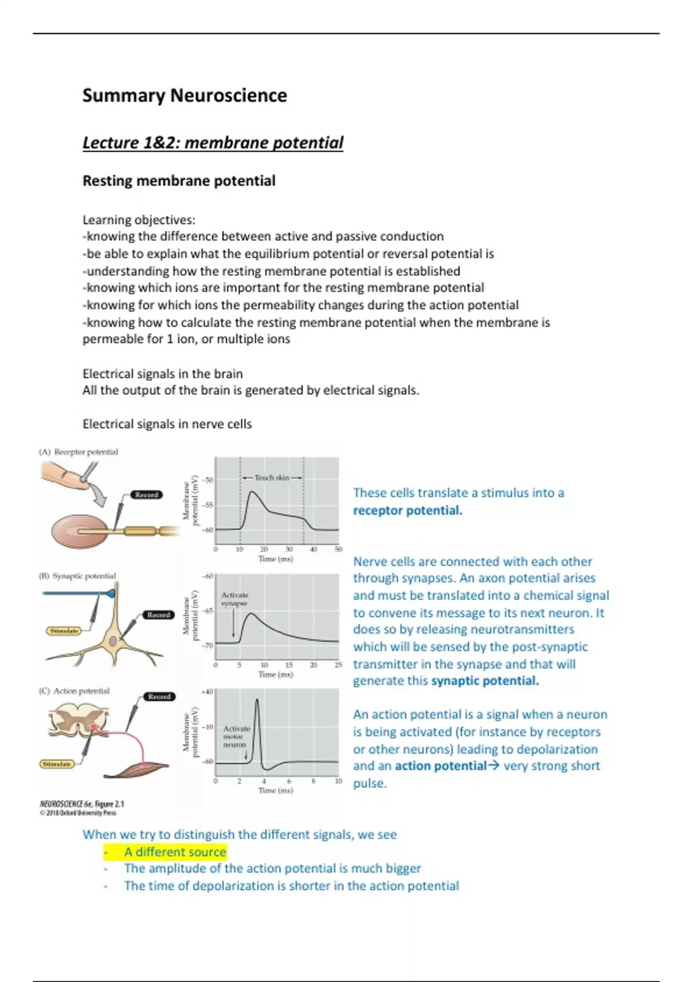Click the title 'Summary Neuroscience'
click(x=184, y=95)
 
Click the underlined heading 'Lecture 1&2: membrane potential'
click(x=213, y=143)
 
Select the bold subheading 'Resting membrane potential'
click(x=178, y=181)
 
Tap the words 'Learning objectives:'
click(x=139, y=220)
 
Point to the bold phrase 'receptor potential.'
click(x=408, y=510)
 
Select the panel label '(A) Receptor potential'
click(x=79, y=452)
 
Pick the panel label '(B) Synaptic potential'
click(x=77, y=576)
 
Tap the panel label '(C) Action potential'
click(x=74, y=691)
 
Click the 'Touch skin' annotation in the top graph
click(x=271, y=478)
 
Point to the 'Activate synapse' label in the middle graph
click(x=234, y=599)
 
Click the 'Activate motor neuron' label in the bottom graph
click(x=236, y=736)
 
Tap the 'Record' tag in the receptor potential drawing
click(x=147, y=494)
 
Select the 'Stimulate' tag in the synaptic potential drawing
click(x=64, y=631)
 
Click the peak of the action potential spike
click(x=257, y=701)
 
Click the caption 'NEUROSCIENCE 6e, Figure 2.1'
click(x=81, y=804)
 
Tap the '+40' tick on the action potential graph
click(x=207, y=691)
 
